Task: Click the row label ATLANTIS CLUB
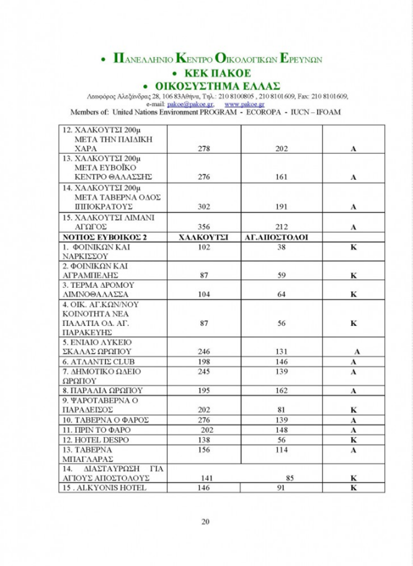(x=99, y=361)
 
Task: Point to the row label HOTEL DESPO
(x=96, y=439)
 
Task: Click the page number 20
(x=205, y=521)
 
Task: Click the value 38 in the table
(x=281, y=247)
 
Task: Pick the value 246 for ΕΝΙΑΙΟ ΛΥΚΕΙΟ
(x=203, y=351)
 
